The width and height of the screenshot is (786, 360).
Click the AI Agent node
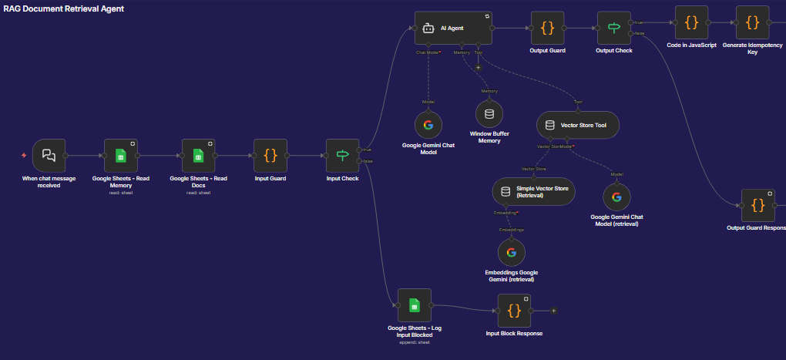(x=453, y=28)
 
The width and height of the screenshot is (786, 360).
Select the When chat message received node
(x=49, y=155)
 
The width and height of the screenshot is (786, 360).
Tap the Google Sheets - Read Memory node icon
(x=120, y=155)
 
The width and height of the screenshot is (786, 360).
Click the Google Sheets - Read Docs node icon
(x=198, y=155)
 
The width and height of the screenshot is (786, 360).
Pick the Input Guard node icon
(x=270, y=155)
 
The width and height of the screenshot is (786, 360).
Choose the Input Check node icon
(x=342, y=155)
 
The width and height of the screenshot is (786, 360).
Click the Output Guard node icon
(x=547, y=28)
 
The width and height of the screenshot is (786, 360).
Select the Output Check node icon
(x=614, y=28)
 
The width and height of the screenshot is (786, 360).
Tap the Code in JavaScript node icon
(x=691, y=22)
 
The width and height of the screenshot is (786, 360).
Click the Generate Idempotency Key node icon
(x=751, y=22)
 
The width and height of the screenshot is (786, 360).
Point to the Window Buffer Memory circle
(x=489, y=116)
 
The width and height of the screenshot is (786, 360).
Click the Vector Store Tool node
(x=578, y=125)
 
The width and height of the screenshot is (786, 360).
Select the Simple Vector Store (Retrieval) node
(x=533, y=191)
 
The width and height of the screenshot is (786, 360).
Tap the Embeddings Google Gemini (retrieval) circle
(x=510, y=252)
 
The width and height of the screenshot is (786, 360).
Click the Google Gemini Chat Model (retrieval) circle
(x=616, y=197)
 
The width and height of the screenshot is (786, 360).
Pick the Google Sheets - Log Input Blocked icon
(x=415, y=305)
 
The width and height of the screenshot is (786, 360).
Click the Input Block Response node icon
(x=514, y=310)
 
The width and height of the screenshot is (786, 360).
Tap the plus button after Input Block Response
(x=553, y=311)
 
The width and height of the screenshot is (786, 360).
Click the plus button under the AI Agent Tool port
(x=478, y=67)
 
